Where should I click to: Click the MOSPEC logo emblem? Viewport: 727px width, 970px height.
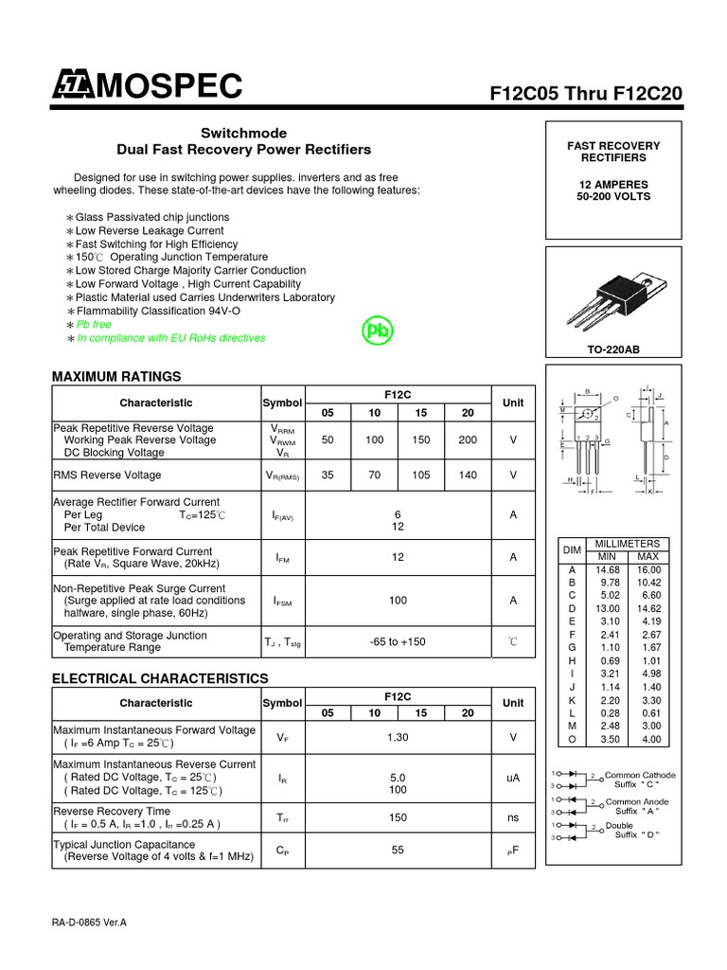[73, 87]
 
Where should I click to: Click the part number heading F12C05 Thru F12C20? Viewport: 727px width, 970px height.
[585, 95]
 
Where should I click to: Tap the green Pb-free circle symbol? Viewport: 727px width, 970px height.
[378, 331]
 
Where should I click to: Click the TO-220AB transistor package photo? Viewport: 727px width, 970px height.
[612, 297]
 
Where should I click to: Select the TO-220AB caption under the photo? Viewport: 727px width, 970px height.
[613, 350]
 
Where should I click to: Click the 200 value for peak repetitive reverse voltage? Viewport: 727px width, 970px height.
[468, 440]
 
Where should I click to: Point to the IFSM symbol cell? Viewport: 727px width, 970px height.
[281, 601]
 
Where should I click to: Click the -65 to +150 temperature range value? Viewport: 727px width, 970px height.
[398, 641]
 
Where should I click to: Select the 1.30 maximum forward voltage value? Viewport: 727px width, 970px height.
[398, 737]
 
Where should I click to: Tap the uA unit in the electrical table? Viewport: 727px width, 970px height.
[513, 778]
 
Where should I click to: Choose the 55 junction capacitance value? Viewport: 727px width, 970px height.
[398, 851]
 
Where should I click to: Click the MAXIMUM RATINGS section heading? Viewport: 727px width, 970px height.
[115, 377]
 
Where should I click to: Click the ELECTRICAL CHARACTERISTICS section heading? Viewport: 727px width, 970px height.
[160, 678]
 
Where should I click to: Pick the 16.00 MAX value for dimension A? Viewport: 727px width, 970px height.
[648, 569]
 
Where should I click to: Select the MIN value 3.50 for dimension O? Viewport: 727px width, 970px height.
[607, 738]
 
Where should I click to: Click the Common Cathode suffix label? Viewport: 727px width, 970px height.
[640, 780]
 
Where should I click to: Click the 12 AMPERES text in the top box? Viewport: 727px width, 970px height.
[613, 184]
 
